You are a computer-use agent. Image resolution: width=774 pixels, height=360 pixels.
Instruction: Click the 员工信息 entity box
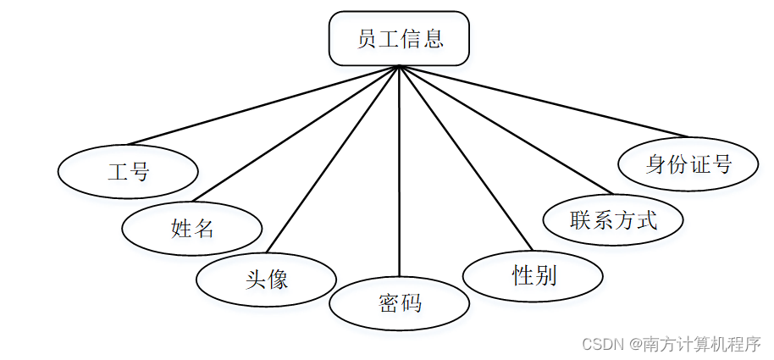pyautogui.click(x=399, y=39)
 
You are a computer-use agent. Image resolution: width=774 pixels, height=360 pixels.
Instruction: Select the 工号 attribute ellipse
pyautogui.click(x=128, y=172)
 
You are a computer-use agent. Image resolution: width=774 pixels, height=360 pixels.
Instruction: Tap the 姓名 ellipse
pyautogui.click(x=192, y=227)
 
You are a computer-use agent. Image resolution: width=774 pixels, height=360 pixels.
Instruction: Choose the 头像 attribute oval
pyautogui.click(x=266, y=278)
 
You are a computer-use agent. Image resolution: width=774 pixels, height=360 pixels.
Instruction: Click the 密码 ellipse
pyautogui.click(x=399, y=302)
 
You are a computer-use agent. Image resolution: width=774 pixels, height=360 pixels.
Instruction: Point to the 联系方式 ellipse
pyautogui.click(x=612, y=220)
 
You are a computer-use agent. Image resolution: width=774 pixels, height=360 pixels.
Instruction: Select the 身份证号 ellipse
pyautogui.click(x=688, y=163)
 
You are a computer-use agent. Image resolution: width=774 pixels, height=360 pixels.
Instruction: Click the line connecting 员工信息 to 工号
pyautogui.click(x=263, y=105)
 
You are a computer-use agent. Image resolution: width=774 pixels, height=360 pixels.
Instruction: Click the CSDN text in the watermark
pyautogui.click(x=602, y=345)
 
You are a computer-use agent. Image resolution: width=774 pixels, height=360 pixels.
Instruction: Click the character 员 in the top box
pyautogui.click(x=367, y=39)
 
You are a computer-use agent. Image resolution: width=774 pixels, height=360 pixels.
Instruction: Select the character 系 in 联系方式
pyautogui.click(x=602, y=220)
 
